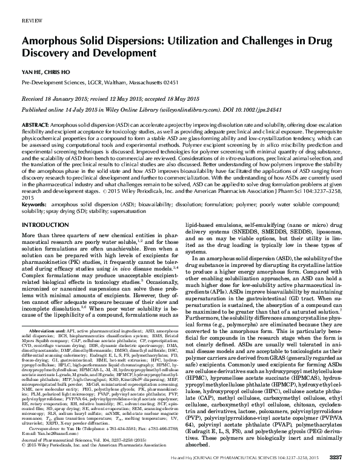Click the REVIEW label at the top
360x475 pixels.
(32, 21)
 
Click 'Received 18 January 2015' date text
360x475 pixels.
(57, 96)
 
